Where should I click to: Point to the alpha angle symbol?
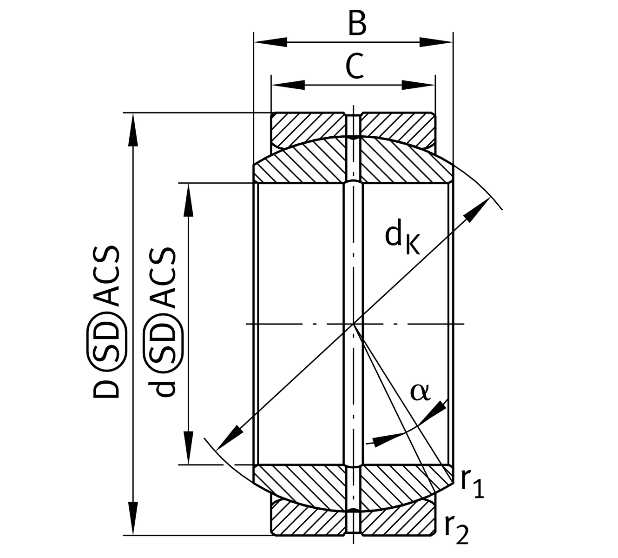point(420,392)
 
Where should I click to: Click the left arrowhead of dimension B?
point(270,42)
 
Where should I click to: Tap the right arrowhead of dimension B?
point(436,42)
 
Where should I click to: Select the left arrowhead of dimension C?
point(288,85)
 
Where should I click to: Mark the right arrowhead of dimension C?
point(418,85)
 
